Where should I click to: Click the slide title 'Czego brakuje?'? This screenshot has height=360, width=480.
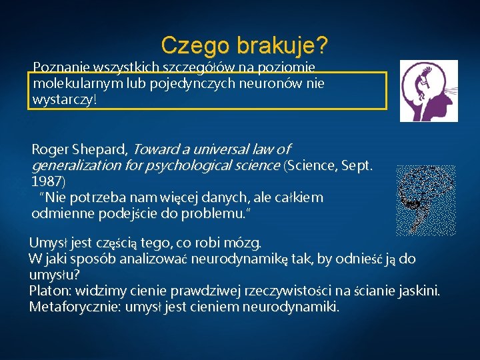tap(244, 45)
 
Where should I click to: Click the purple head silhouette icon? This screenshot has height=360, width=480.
tap(428, 90)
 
